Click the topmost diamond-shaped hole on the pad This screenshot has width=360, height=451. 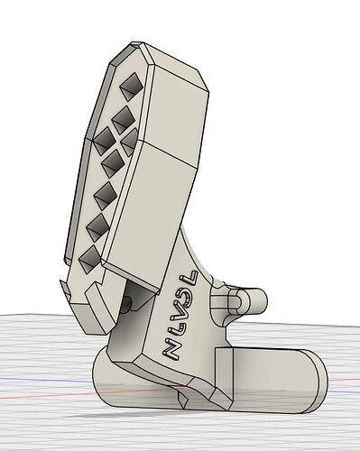tap(128, 88)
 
